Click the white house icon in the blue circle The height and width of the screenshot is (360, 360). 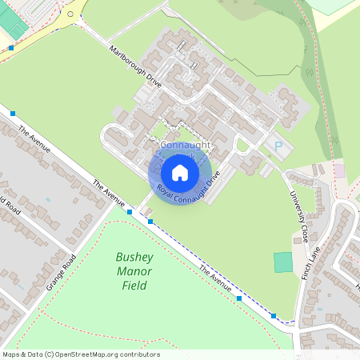180,172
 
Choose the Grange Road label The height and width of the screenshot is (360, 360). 61,272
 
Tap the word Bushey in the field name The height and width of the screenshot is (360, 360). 134,258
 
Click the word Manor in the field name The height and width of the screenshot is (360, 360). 134,271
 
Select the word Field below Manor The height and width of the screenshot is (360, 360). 134,286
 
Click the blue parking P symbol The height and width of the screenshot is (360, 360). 278,146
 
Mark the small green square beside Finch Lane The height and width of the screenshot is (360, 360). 283,262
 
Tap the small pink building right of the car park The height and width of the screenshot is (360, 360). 339,171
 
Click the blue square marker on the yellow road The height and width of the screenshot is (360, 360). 11,48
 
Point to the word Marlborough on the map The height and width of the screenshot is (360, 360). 128,60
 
